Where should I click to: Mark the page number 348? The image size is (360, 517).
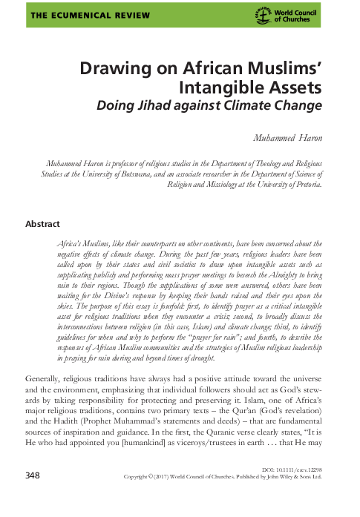tap(35, 495)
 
